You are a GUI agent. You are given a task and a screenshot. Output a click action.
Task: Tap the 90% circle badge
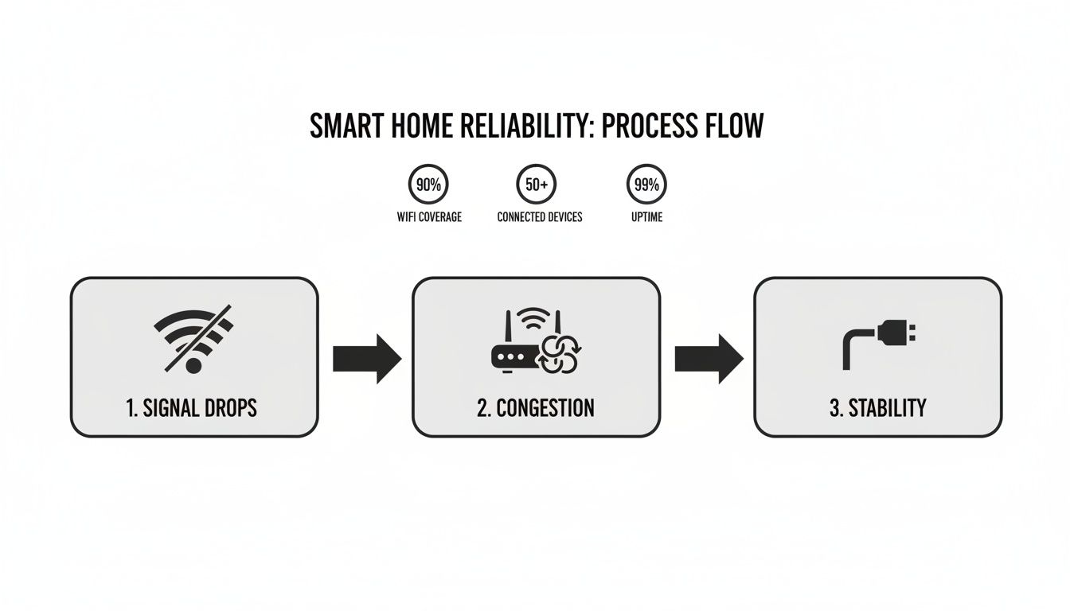pyautogui.click(x=428, y=185)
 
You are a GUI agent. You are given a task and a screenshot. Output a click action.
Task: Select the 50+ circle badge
pyautogui.click(x=537, y=185)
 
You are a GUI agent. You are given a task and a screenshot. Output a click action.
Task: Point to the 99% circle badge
pyautogui.click(x=646, y=185)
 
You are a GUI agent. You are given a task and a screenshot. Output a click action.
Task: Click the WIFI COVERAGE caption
pyautogui.click(x=428, y=216)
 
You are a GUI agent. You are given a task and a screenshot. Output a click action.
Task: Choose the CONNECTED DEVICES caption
pyautogui.click(x=539, y=216)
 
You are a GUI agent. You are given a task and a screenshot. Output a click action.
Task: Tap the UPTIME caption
pyautogui.click(x=646, y=216)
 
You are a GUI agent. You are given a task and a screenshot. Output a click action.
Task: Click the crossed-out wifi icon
pyautogui.click(x=193, y=337)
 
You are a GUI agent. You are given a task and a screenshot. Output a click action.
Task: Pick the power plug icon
pyautogui.click(x=876, y=343)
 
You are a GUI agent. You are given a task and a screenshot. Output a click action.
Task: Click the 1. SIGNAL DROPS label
pyautogui.click(x=192, y=408)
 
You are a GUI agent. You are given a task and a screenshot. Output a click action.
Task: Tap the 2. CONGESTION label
pyautogui.click(x=536, y=408)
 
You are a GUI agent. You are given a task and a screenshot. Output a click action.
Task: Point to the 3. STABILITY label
pyautogui.click(x=877, y=408)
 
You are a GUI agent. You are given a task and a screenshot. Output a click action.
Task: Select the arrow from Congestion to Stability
pyautogui.click(x=708, y=359)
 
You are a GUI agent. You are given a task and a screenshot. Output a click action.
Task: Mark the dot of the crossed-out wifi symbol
pyautogui.click(x=193, y=365)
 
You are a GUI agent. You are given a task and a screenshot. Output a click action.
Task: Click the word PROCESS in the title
pyautogui.click(x=642, y=126)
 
